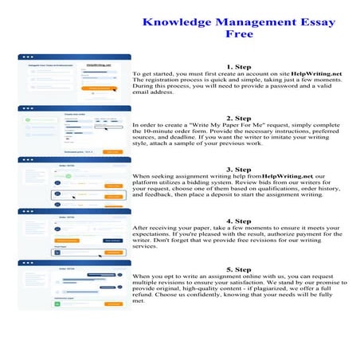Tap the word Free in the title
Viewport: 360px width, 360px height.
[240, 34]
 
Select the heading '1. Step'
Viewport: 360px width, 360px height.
[240, 66]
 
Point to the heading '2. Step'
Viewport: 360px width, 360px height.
[240, 118]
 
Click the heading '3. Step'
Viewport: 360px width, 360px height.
[240, 169]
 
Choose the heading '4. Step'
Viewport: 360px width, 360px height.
[240, 221]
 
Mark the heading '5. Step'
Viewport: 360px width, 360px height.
[240, 270]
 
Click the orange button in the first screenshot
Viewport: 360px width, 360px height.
[101, 88]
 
